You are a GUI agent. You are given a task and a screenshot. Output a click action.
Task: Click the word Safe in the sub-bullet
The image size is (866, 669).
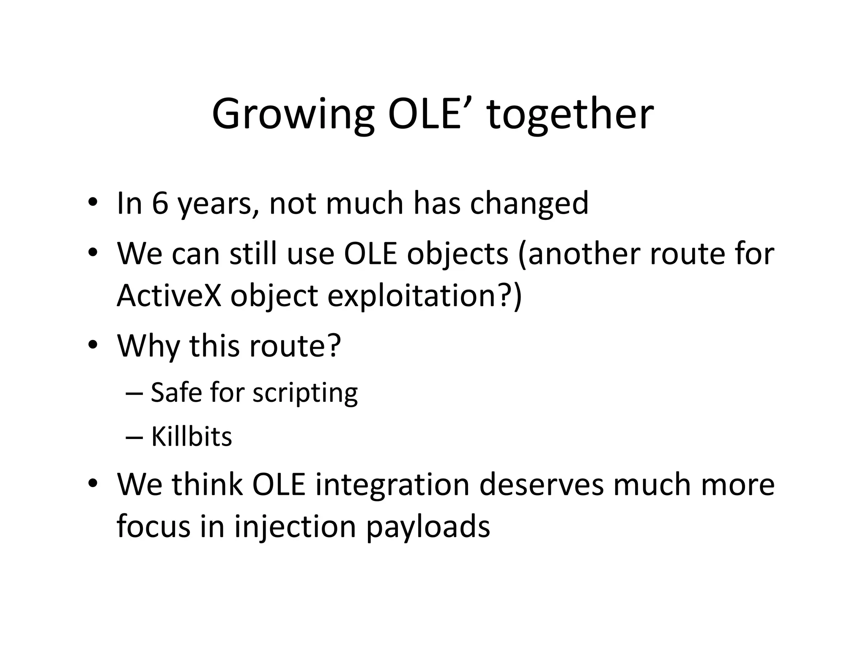coord(176,392)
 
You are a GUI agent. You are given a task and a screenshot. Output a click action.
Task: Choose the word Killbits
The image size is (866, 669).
coord(192,436)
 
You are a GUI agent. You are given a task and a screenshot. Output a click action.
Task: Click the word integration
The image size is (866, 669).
coord(392,485)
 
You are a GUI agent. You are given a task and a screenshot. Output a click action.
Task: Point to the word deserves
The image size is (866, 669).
coord(541,485)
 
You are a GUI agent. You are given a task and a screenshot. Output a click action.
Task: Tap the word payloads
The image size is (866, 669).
coord(428,527)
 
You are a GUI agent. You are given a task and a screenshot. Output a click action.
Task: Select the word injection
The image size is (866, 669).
coord(295,527)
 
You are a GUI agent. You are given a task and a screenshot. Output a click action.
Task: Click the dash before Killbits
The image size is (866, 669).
coord(134,437)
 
